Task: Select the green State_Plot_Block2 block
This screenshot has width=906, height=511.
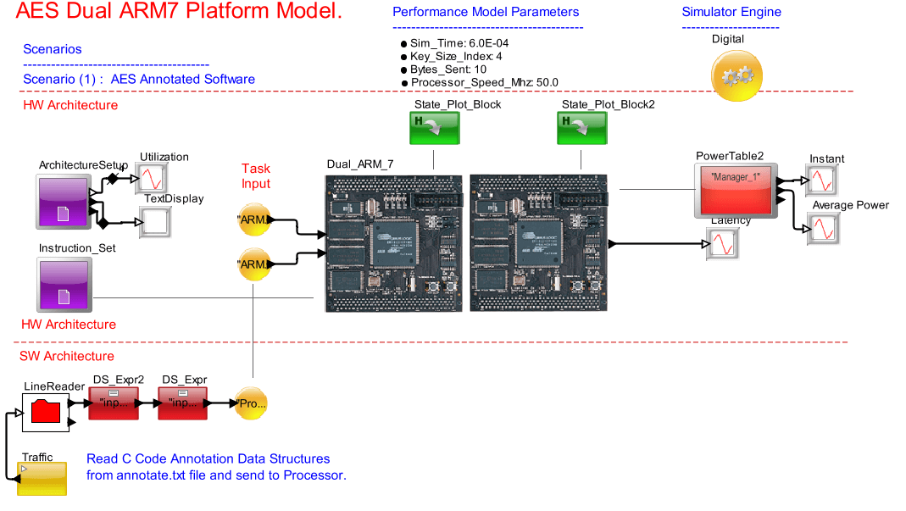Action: [581, 130]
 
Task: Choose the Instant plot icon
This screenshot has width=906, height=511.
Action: [821, 181]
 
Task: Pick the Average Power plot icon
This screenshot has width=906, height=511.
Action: [821, 229]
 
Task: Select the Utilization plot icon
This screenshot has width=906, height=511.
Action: [153, 178]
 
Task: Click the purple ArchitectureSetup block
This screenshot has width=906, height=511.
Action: [63, 202]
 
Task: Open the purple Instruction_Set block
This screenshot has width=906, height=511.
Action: [63, 286]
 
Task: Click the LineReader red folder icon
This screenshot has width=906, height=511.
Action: [46, 412]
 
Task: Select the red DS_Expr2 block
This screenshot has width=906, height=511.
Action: [113, 403]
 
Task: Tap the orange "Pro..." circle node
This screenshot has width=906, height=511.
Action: [251, 404]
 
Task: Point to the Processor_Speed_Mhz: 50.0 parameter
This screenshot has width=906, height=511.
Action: [485, 82]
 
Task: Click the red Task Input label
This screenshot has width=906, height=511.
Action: [256, 176]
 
